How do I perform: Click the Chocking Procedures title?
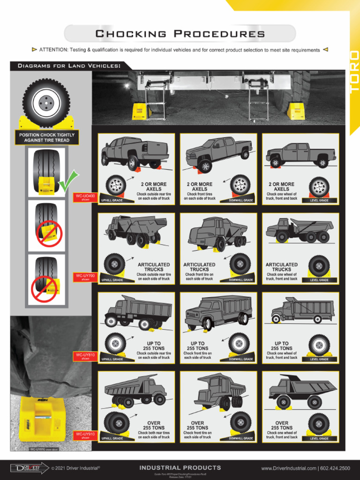point(180,34)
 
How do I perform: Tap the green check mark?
point(68,180)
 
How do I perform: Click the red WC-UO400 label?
point(85,197)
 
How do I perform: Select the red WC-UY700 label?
point(85,277)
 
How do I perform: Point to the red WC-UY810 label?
point(85,356)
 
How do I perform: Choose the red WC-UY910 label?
point(85,435)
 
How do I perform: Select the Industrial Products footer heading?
point(180,468)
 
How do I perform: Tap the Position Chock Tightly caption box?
point(47,137)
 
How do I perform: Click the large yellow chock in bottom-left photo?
point(42,420)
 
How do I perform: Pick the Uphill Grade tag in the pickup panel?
point(112,200)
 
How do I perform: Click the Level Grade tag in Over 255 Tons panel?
point(319,439)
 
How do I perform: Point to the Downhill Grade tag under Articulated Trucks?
point(241,280)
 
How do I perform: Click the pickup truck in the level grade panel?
point(300,154)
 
